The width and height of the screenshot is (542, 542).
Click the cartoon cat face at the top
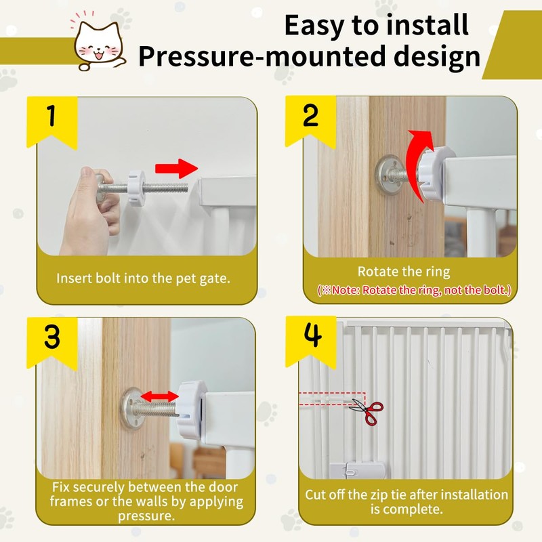[100, 44]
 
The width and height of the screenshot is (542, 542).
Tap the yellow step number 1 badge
[52, 122]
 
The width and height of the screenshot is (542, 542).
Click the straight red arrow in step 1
[176, 168]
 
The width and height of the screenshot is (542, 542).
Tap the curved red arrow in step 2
[417, 163]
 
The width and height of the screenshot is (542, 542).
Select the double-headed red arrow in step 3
[159, 396]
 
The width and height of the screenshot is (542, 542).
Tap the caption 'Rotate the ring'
[404, 272]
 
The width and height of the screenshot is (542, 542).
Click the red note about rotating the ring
[414, 290]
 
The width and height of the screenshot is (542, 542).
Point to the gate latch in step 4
[356, 470]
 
